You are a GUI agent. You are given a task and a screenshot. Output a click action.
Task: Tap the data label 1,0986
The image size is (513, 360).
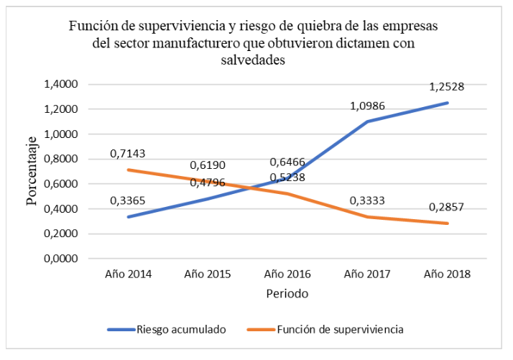tap(368, 106)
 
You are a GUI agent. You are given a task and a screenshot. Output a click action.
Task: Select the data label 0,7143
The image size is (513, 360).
tap(128, 154)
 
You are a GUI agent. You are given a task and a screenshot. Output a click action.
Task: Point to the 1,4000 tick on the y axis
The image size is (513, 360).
tap(62, 85)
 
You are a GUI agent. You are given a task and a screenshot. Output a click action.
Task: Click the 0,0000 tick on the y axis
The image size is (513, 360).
tap(62, 259)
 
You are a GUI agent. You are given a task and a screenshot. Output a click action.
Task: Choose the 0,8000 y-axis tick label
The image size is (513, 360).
tap(62, 160)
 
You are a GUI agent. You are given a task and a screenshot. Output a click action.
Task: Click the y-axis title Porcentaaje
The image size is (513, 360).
tap(32, 171)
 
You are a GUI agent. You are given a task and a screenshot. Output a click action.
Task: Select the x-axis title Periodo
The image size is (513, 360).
tap(287, 295)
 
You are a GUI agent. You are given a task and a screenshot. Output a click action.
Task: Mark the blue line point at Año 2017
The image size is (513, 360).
tap(368, 121)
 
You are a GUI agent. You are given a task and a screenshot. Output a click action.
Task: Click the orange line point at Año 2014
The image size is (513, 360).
tap(128, 170)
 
